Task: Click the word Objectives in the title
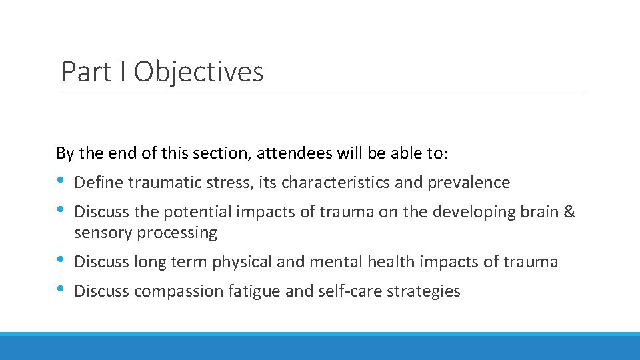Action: (199, 72)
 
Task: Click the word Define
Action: (99, 182)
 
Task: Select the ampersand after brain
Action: (569, 212)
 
